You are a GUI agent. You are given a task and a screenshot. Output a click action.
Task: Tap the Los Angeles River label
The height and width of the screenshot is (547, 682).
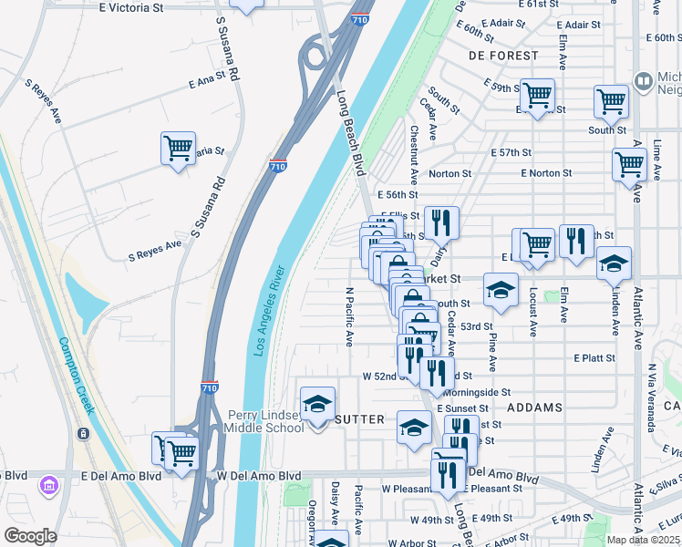(x=271, y=309)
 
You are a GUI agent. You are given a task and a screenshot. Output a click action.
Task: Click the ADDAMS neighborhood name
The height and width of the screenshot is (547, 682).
(x=534, y=408)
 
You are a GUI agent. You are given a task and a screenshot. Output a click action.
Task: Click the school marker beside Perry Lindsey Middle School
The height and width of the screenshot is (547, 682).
(x=317, y=404)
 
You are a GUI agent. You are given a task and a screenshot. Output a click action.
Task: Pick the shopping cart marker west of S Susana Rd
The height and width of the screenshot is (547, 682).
(x=178, y=148)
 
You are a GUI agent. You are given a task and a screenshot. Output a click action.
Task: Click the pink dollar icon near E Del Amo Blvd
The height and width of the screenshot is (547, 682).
(x=47, y=488)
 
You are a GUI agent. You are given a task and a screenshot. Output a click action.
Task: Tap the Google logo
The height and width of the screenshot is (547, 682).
(x=30, y=536)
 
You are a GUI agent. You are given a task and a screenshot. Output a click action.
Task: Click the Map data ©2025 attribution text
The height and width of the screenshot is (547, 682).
(x=644, y=540)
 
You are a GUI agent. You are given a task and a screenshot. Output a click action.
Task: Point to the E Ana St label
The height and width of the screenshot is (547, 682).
(x=206, y=81)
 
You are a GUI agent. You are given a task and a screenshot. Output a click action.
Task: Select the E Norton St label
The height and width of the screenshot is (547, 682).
(x=546, y=173)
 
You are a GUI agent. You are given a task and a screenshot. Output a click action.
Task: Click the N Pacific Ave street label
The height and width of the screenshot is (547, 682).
(x=348, y=317)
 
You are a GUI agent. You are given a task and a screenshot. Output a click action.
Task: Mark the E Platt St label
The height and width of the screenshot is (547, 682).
(x=594, y=358)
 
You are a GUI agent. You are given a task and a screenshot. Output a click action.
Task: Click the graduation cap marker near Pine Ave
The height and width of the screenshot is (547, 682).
(x=500, y=290)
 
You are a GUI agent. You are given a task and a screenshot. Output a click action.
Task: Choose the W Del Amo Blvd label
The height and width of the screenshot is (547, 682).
(x=258, y=476)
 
